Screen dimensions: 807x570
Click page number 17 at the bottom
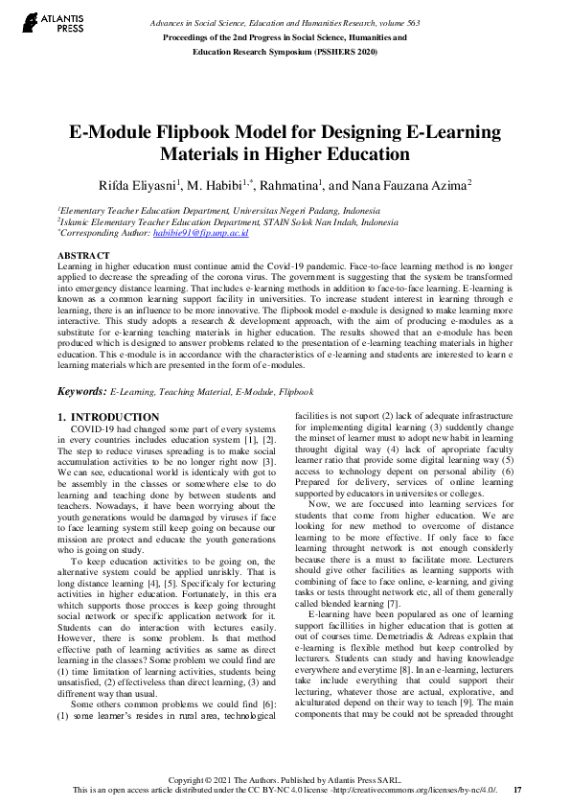517,790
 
